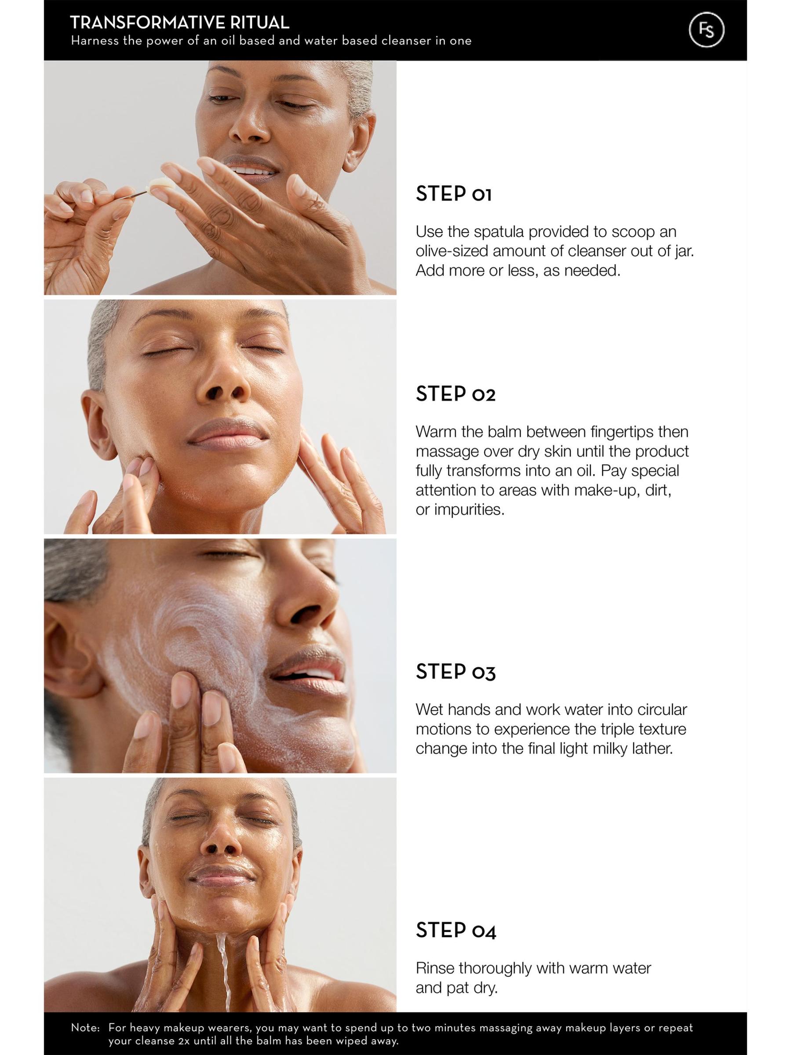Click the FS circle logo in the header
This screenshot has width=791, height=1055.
(707, 30)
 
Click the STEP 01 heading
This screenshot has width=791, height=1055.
(453, 194)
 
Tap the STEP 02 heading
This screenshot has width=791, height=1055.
(455, 393)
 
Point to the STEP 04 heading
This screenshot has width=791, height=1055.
(456, 930)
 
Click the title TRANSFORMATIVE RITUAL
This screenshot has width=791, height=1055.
(180, 22)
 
